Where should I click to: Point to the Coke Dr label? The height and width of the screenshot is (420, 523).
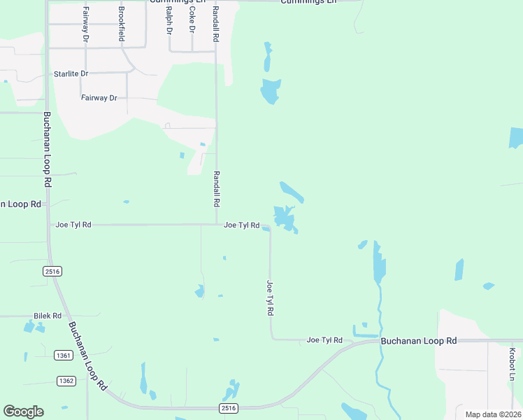pyautogui.click(x=192, y=21)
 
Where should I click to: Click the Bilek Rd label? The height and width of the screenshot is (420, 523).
pyautogui.click(x=48, y=316)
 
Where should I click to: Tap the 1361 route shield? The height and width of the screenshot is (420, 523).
pyautogui.click(x=64, y=356)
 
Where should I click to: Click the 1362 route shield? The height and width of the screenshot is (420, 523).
pyautogui.click(x=66, y=380)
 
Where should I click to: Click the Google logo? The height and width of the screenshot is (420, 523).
pyautogui.click(x=23, y=412)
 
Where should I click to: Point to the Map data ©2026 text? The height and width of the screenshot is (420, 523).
pyautogui.click(x=494, y=414)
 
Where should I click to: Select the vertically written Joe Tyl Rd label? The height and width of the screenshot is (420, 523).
pyautogui.click(x=269, y=297)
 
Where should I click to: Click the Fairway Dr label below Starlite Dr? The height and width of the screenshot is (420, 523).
pyautogui.click(x=99, y=98)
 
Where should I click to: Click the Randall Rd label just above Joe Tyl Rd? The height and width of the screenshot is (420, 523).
pyautogui.click(x=217, y=188)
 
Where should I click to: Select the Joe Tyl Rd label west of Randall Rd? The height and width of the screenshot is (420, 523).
pyautogui.click(x=73, y=225)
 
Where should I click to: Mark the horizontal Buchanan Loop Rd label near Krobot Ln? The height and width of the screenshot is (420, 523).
pyautogui.click(x=418, y=340)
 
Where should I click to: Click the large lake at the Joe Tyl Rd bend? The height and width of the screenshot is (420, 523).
pyautogui.click(x=285, y=218)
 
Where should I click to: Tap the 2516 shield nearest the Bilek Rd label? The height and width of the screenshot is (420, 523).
pyautogui.click(x=52, y=272)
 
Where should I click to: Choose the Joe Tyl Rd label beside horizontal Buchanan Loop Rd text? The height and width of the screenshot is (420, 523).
pyautogui.click(x=324, y=340)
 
